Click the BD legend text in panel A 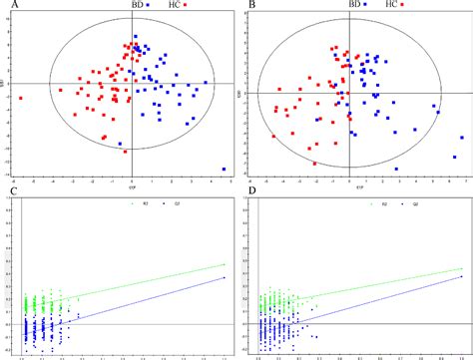tap(137, 5)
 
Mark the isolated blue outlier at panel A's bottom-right tap(225, 169)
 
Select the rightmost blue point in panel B tap(462, 138)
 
